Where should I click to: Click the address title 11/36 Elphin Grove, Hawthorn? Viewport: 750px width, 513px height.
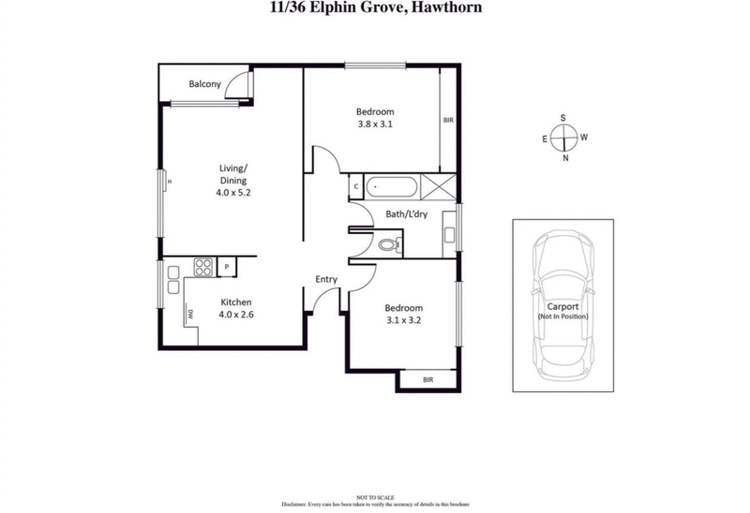click(x=375, y=8)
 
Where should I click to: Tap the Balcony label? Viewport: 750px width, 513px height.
click(x=204, y=84)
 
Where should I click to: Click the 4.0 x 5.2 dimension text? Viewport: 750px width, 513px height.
click(x=232, y=192)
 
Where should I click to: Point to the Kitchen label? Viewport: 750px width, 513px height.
click(x=236, y=301)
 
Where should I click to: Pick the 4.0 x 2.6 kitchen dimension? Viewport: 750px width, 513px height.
click(x=236, y=315)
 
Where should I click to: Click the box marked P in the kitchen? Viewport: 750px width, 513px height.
click(x=226, y=268)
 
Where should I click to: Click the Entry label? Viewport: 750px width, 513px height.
click(x=326, y=279)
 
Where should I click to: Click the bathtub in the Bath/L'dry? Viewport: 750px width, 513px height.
click(x=391, y=185)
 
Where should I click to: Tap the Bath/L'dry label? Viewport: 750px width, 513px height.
click(x=405, y=214)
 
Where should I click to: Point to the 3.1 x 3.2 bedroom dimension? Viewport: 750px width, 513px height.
click(x=404, y=320)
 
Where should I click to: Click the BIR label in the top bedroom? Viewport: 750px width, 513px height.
click(x=448, y=120)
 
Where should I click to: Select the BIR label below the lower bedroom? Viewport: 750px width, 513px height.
click(x=427, y=379)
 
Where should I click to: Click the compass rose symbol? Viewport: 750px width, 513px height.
click(x=562, y=138)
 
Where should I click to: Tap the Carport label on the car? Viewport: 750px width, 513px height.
click(x=562, y=306)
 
